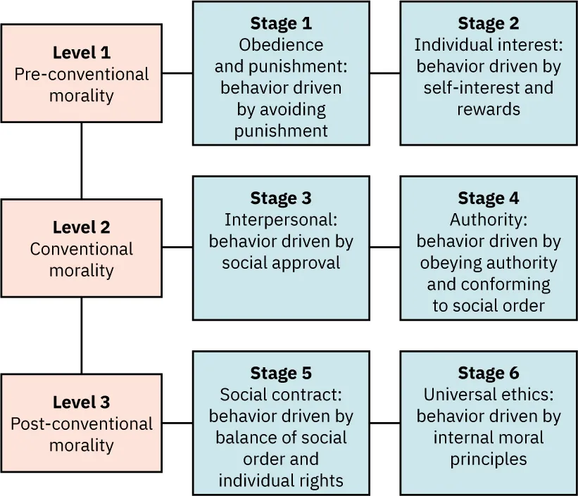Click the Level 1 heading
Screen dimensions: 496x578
81,53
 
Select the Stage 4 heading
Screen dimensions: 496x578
488,198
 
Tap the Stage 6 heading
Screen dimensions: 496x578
488,373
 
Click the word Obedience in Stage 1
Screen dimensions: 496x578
281,45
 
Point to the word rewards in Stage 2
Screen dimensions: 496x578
488,109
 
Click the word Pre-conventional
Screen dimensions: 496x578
81,75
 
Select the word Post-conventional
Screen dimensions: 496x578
81,424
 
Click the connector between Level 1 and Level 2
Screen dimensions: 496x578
81,160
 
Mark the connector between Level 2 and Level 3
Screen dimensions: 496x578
81,335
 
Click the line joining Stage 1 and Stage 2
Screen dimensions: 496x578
384,72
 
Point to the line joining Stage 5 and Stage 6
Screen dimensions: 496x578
384,423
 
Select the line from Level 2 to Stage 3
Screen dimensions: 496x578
177,247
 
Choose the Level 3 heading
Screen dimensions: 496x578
81,402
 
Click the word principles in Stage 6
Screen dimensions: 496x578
488,459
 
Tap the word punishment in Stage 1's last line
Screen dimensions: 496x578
281,131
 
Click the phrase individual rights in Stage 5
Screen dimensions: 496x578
281,481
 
